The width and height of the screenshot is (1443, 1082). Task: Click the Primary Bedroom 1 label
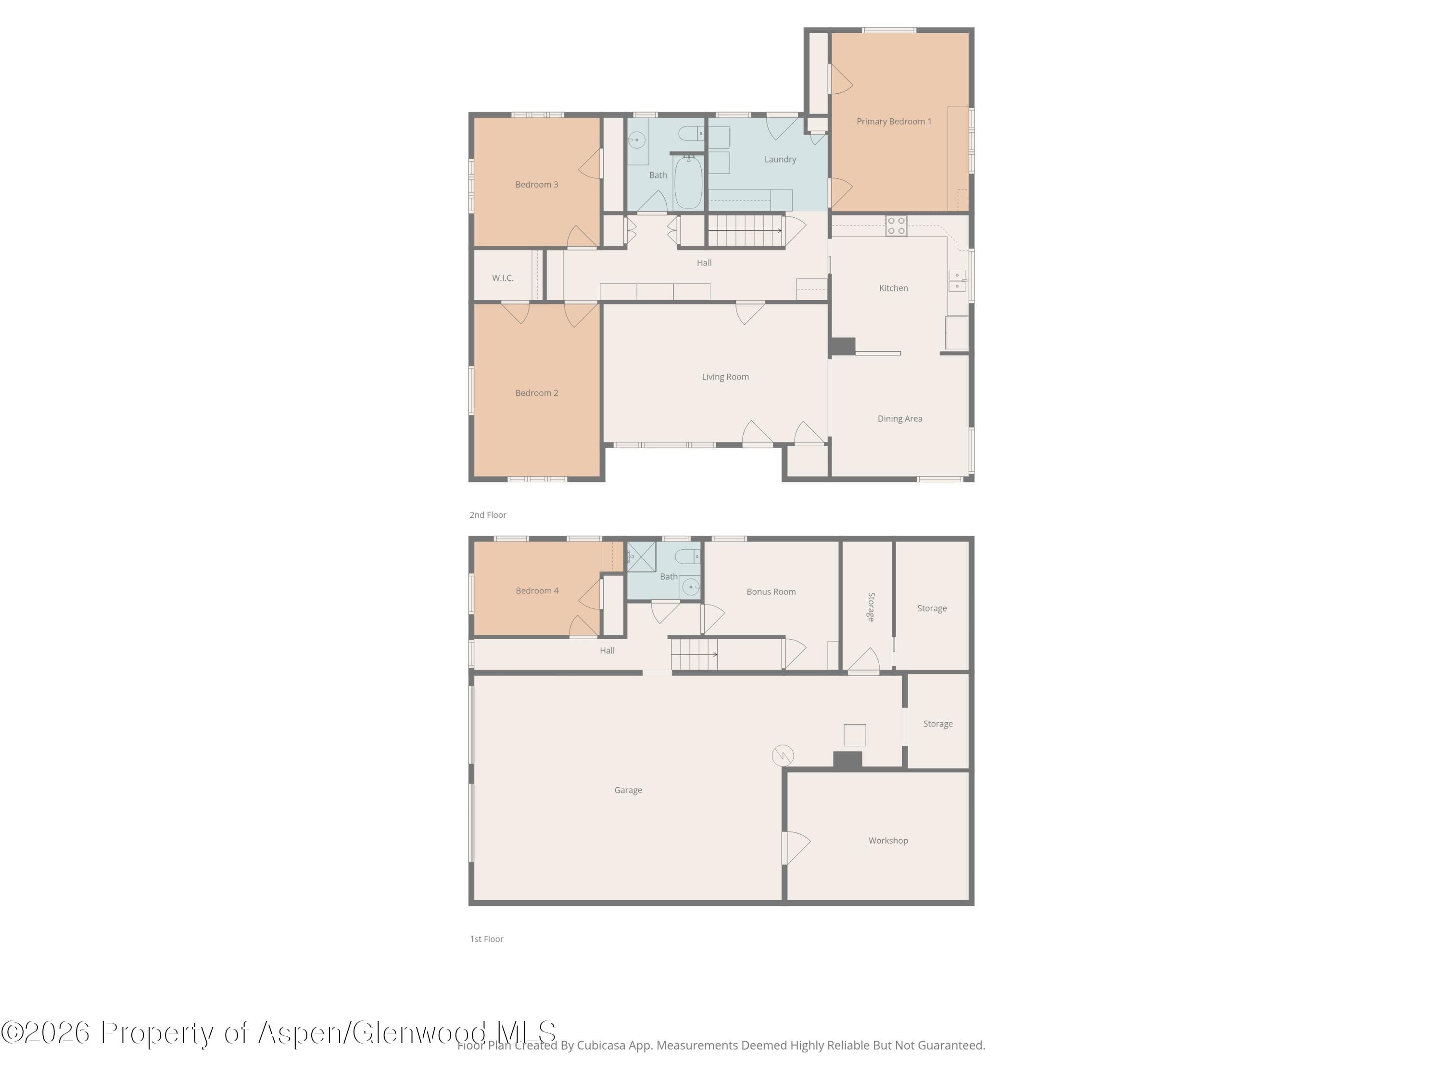[x=894, y=121]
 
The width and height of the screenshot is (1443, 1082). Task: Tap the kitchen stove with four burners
[x=896, y=226]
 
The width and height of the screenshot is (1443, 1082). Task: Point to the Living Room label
[x=725, y=377]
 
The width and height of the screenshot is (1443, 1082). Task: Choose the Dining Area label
[x=899, y=419]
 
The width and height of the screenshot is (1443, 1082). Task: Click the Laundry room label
[x=780, y=159]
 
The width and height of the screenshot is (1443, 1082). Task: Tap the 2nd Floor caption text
[x=488, y=515]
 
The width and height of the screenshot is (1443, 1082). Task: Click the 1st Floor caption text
[x=487, y=939]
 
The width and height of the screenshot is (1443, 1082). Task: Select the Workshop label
[x=888, y=840]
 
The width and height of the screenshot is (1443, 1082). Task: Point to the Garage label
[x=628, y=790]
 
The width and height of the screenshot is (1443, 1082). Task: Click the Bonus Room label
[x=771, y=591]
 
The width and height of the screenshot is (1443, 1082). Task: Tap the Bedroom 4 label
[x=537, y=590]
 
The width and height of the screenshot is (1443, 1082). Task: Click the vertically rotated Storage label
[x=871, y=606]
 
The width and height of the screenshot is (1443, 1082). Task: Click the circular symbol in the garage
[x=783, y=755]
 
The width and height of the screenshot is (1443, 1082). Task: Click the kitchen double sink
[x=957, y=280]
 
